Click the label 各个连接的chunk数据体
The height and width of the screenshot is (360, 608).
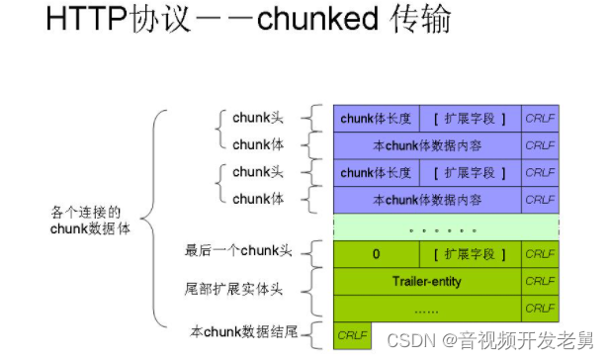click(90, 220)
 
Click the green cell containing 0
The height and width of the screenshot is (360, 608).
click(376, 254)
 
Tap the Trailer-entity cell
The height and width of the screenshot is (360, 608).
click(426, 281)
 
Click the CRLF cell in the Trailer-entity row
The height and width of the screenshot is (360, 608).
click(540, 281)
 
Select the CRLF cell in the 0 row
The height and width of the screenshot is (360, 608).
click(540, 254)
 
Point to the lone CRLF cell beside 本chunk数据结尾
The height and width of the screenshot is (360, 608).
click(353, 335)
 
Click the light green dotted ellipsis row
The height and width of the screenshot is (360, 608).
click(446, 227)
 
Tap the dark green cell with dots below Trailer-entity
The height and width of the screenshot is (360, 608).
click(426, 308)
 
